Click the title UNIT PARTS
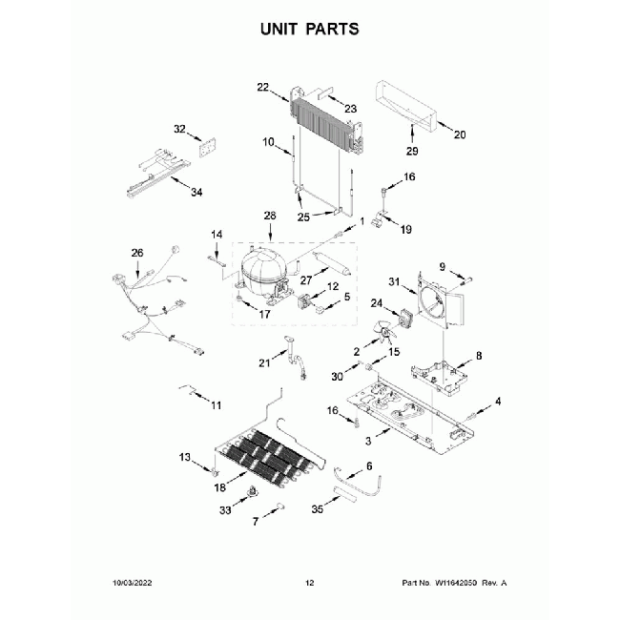pos(310,30)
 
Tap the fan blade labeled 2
pos(383,334)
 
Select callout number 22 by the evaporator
pos(263,87)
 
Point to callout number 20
pos(459,134)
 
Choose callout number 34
pos(196,192)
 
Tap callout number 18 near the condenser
pos(219,487)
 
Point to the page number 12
pos(309,582)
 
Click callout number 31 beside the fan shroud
pos(393,280)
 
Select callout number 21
pos(264,362)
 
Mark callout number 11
pos(216,405)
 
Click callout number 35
pos(318,510)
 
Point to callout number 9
pos(443,265)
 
